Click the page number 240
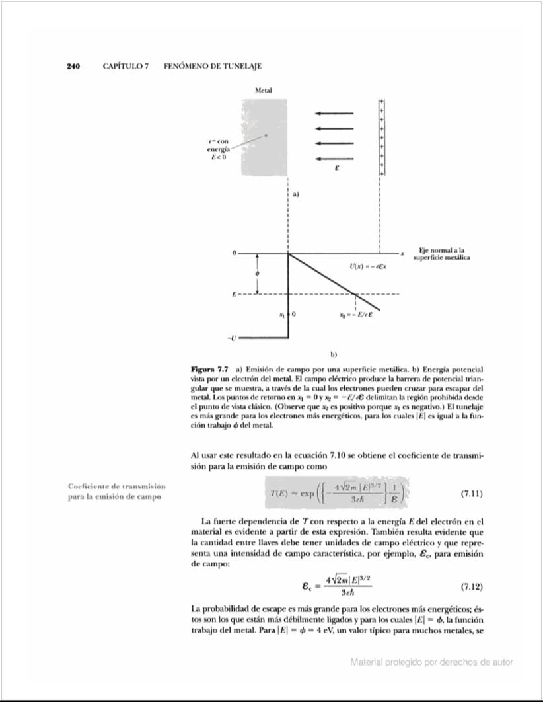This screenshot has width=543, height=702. [73, 67]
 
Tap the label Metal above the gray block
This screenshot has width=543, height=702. [264, 90]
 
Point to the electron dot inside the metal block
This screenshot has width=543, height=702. [266, 136]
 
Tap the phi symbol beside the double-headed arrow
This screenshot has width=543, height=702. [258, 274]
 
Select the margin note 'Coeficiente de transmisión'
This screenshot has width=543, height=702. [116, 487]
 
